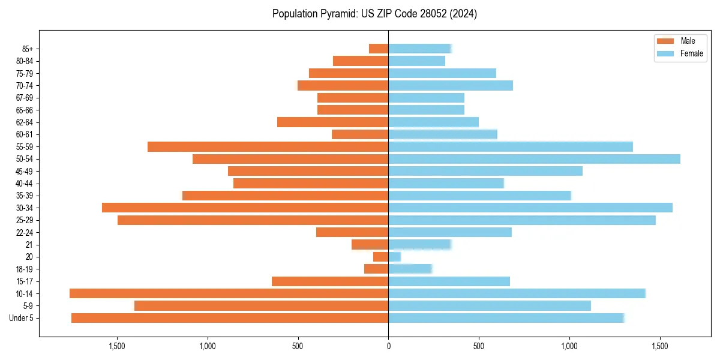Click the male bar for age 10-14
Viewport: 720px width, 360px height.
[x=229, y=293]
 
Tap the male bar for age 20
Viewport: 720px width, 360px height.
[x=381, y=257]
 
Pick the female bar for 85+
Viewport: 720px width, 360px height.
[x=419, y=49]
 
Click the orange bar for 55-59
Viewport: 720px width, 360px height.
[x=268, y=146]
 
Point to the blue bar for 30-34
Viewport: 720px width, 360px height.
[x=530, y=208]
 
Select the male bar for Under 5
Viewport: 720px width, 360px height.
[x=230, y=318]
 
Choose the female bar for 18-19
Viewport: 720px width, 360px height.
[x=410, y=269]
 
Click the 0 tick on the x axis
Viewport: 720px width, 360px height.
[x=388, y=346]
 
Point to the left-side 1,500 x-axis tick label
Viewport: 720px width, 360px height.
[x=116, y=346]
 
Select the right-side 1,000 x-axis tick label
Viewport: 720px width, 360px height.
[x=569, y=346]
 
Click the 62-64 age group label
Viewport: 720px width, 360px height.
[x=25, y=122]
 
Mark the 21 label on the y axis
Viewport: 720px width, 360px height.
[x=29, y=245]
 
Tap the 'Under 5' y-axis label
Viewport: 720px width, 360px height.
[x=22, y=318]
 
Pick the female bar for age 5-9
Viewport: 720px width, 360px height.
[x=490, y=306]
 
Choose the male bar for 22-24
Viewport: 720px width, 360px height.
[x=352, y=232]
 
